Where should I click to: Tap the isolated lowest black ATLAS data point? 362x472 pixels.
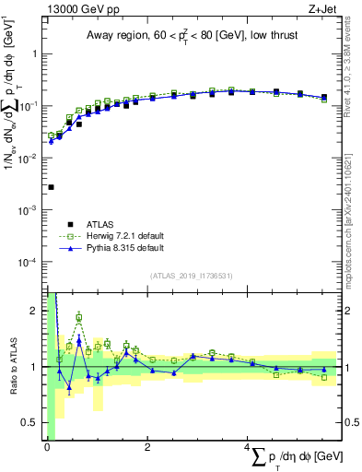coord(51,187)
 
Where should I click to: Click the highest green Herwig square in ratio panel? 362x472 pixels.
coord(79,318)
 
